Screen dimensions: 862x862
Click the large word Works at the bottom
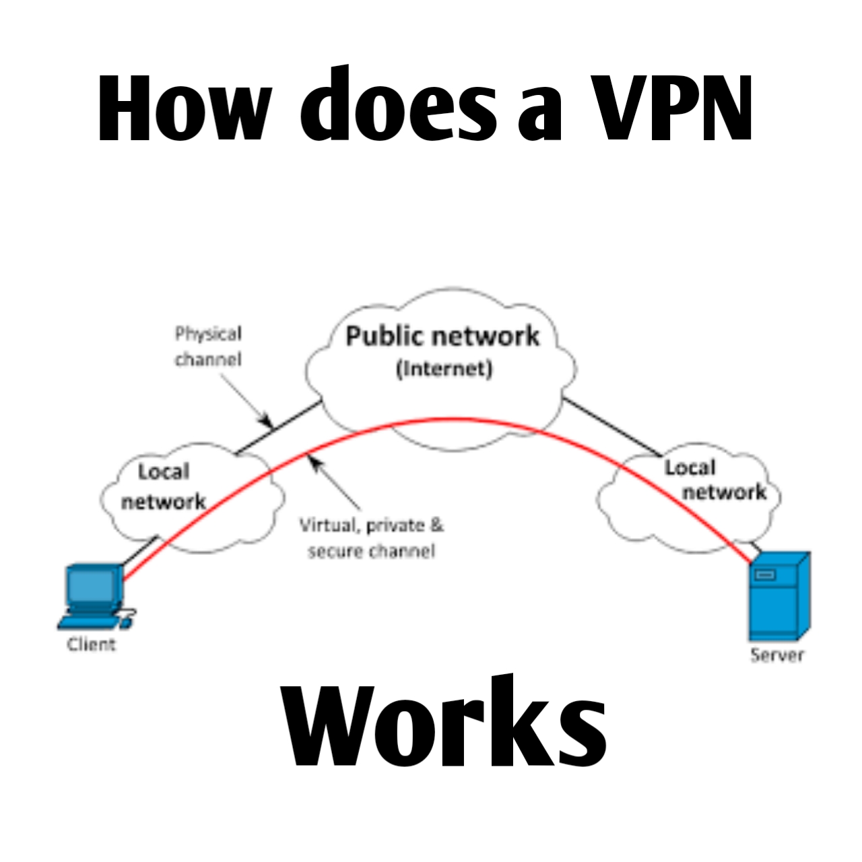[444, 724]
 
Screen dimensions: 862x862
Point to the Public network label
[442, 336]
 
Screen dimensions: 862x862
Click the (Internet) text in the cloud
[444, 369]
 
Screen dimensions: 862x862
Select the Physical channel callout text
[208, 347]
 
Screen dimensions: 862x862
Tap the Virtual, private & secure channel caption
[371, 538]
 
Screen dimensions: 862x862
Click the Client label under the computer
[91, 644]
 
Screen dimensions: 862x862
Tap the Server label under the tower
[777, 655]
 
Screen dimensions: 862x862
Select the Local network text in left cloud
[163, 487]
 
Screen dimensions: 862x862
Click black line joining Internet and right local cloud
[611, 426]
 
